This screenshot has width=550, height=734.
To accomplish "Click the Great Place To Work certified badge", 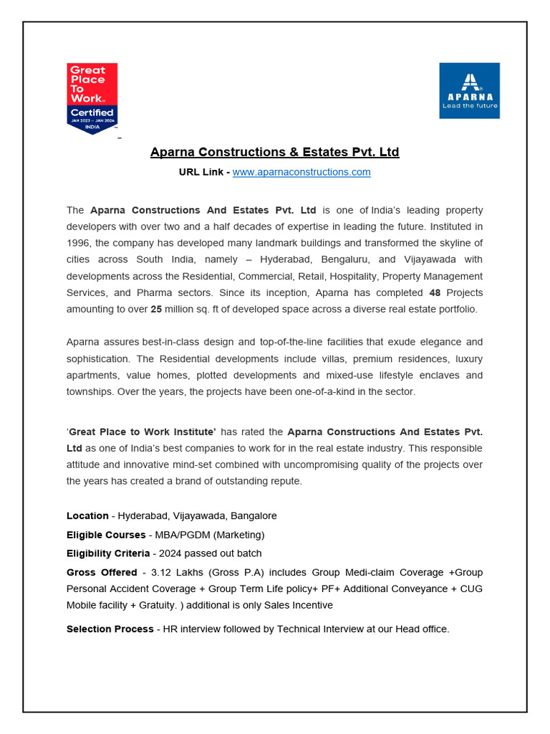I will (x=92, y=98).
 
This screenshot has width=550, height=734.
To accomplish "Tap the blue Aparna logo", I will (x=469, y=90).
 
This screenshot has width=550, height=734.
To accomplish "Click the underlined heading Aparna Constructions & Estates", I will (x=274, y=152).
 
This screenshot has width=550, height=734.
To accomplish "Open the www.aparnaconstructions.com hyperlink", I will (x=301, y=172).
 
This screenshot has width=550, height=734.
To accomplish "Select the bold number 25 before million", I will (x=156, y=309).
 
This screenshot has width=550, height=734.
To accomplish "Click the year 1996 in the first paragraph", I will (x=79, y=243).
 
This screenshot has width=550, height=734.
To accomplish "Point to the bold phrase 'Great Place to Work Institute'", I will (x=141, y=432).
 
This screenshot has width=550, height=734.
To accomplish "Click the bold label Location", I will (x=87, y=515).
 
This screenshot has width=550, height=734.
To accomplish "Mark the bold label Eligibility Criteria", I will (x=108, y=553).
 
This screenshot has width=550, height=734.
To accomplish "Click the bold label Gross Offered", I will (x=102, y=572).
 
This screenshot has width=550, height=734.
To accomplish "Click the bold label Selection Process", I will (x=110, y=629).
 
